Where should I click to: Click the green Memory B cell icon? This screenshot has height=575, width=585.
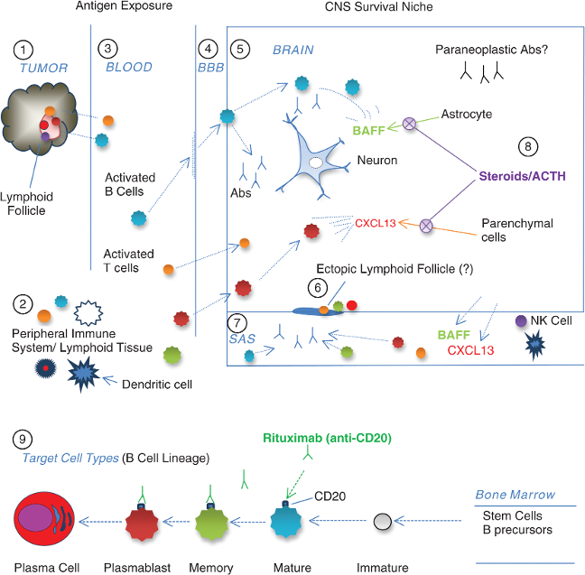pyautogui.click(x=210, y=522)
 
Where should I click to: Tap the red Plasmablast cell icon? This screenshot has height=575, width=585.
pyautogui.click(x=142, y=522)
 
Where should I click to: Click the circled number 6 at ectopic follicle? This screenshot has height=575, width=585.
pyautogui.click(x=315, y=286)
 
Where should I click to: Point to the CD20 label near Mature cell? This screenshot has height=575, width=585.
pyautogui.click(x=330, y=496)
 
